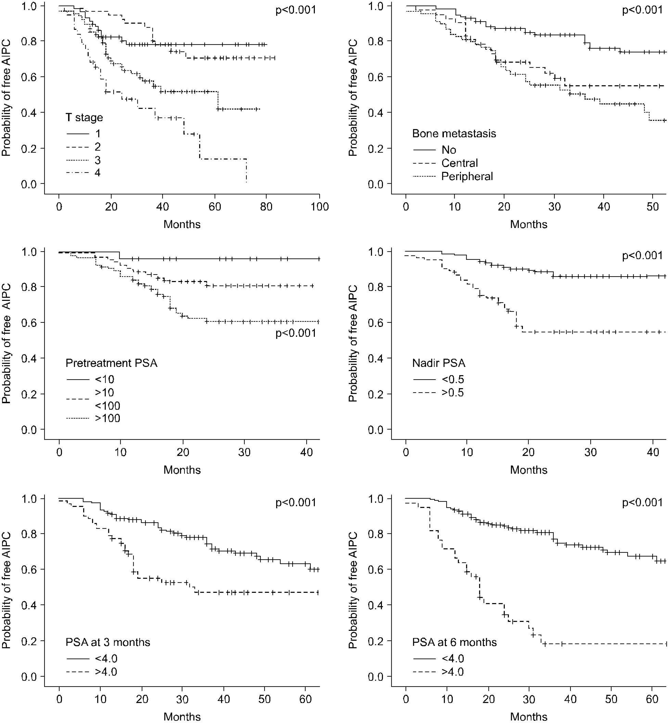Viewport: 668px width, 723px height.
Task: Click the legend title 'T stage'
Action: point(84,118)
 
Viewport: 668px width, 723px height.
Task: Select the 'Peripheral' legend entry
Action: point(467,176)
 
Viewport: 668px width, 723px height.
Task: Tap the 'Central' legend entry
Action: point(459,163)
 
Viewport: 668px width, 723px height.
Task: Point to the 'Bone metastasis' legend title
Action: point(454,134)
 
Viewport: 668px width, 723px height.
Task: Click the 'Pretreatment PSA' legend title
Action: point(111,363)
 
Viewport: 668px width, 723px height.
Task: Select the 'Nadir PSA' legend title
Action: point(439,363)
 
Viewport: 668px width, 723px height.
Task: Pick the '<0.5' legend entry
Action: point(453,380)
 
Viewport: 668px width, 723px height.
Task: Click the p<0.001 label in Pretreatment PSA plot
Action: point(296,333)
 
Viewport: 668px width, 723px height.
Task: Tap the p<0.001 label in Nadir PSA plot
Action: point(642,256)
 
